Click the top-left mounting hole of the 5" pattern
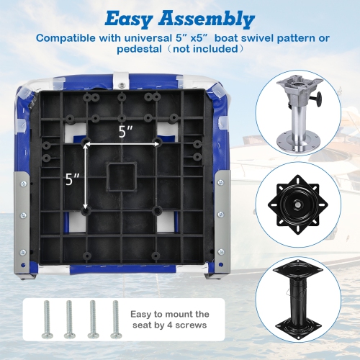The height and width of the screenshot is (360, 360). click(x=86, y=143)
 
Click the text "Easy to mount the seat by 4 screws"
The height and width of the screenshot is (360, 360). click(x=170, y=319)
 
